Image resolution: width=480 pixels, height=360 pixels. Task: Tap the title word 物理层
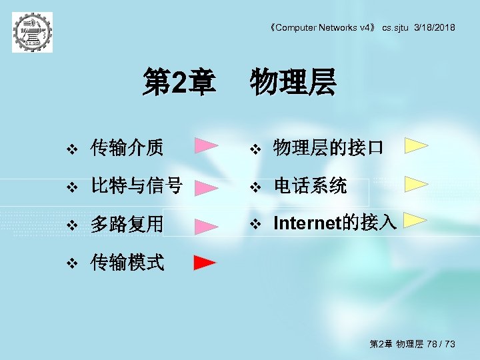[x=293, y=85]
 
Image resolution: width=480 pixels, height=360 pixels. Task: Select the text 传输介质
[x=127, y=148]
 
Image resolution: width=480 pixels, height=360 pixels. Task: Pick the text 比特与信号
[x=137, y=187]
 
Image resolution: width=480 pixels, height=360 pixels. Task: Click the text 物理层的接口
[x=328, y=148]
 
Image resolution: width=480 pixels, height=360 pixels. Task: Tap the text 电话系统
[x=310, y=187]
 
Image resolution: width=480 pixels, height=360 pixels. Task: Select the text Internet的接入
[x=335, y=223]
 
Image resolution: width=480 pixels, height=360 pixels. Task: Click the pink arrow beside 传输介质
[x=206, y=146]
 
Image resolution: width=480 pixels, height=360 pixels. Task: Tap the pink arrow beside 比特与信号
[x=206, y=187]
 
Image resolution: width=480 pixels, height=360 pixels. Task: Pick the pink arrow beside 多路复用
[x=206, y=227]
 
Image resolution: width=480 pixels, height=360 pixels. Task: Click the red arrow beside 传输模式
[x=205, y=263]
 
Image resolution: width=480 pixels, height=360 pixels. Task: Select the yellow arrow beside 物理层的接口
[x=417, y=146]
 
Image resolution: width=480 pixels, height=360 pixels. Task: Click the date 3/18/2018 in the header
[x=435, y=27]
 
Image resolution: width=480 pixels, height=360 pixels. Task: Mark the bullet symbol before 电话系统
[x=253, y=187]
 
